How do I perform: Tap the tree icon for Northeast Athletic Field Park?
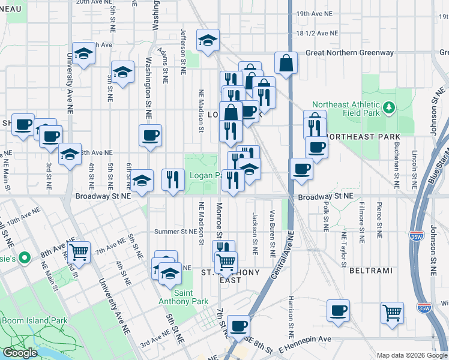[390, 107]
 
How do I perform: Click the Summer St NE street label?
[175, 232]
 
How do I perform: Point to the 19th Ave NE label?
[318, 13]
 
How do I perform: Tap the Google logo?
[20, 353]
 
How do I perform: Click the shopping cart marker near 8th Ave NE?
[79, 252]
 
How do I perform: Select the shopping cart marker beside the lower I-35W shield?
[391, 312]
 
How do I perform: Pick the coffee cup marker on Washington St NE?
[150, 135]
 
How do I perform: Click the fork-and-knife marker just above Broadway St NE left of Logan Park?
[173, 179]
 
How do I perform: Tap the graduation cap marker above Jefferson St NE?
[208, 41]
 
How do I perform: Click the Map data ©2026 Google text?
[411, 355]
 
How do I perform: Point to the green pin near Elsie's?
[25, 259]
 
